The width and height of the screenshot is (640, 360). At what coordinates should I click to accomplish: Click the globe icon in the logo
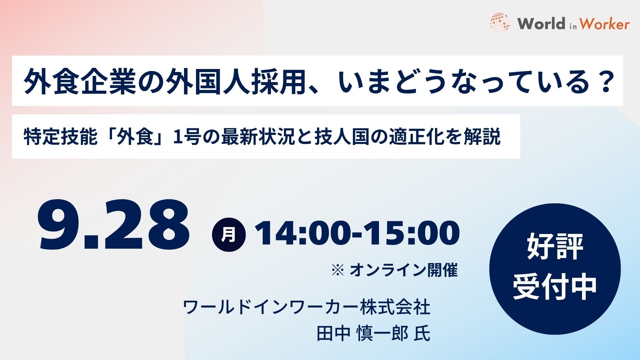[500, 23]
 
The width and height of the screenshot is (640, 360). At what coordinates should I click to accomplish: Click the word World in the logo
[541, 24]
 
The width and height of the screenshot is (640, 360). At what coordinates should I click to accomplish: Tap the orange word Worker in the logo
[605, 24]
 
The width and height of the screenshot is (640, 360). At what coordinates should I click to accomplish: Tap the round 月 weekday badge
[229, 235]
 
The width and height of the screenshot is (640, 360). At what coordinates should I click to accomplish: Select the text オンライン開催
[404, 270]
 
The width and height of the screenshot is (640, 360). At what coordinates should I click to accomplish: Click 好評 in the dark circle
[555, 247]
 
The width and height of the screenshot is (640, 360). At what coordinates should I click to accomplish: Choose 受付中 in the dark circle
[555, 287]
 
